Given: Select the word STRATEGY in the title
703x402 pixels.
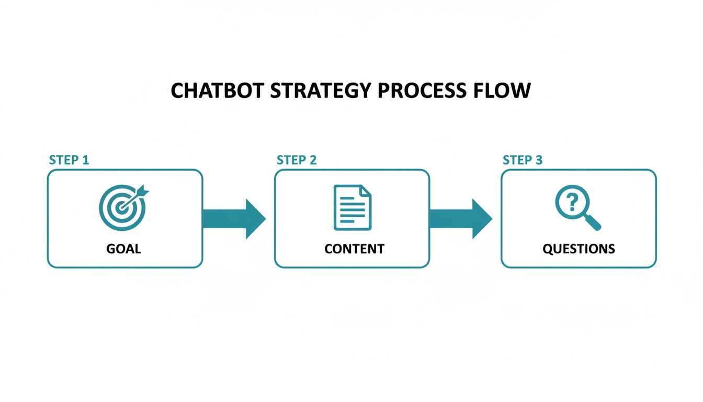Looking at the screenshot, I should pyautogui.click(x=321, y=91).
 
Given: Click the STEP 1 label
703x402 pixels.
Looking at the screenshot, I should pyautogui.click(x=69, y=160).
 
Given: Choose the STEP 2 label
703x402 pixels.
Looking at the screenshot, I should pyautogui.click(x=297, y=160).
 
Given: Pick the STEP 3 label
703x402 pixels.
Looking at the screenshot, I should pyautogui.click(x=523, y=160).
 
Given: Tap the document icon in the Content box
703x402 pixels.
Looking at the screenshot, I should pyautogui.click(x=353, y=207).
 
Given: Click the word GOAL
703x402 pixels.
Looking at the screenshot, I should pyautogui.click(x=123, y=249).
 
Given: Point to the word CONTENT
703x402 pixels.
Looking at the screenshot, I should pyautogui.click(x=354, y=249).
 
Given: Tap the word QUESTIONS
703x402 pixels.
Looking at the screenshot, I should pyautogui.click(x=579, y=249).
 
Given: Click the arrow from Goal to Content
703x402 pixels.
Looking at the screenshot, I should pyautogui.click(x=234, y=218).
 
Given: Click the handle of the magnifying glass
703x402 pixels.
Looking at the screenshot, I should pyautogui.click(x=594, y=224).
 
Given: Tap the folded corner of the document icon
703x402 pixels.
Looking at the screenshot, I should pyautogui.click(x=365, y=191).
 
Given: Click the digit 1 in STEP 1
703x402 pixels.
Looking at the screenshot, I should pyautogui.click(x=86, y=160).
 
